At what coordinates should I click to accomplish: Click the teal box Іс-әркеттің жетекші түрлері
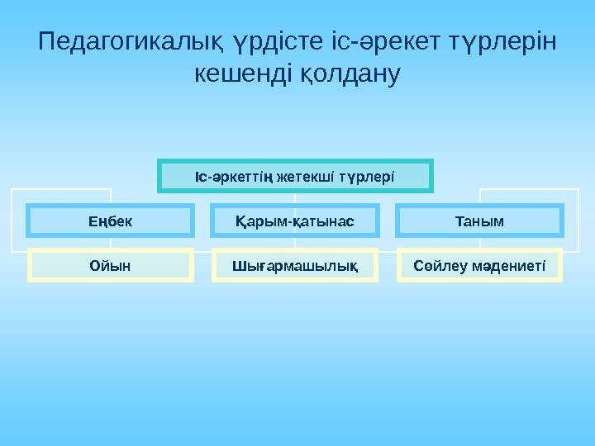click(295, 176)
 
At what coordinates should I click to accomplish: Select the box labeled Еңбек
click(110, 221)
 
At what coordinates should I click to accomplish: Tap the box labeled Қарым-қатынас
click(294, 221)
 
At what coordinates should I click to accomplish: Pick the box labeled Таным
click(479, 221)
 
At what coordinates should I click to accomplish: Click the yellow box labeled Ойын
click(110, 265)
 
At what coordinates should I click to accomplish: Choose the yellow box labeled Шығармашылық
click(294, 265)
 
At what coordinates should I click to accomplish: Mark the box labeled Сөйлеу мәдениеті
click(479, 265)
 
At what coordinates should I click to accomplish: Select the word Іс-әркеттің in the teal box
click(234, 176)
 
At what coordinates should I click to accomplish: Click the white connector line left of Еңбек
click(12, 220)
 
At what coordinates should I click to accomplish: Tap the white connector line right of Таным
click(578, 220)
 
